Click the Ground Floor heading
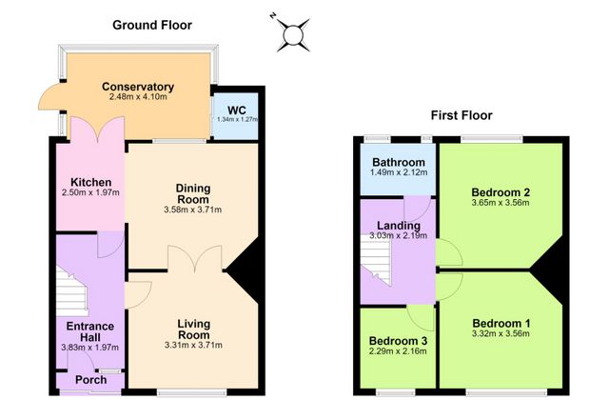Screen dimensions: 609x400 pos(152,26)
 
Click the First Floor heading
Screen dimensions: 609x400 pos(462,115)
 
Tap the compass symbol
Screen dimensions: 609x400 pos(292,34)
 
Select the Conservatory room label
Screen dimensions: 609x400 pos(138,87)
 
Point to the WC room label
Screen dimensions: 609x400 pos(237,110)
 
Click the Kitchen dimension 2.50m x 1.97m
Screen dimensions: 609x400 pos(90,192)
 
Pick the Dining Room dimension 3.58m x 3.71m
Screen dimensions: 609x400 pos(192,210)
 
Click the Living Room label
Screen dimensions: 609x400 pos(193,330)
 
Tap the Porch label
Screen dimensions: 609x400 pos(91,380)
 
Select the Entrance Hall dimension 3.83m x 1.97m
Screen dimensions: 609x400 pos(89,348)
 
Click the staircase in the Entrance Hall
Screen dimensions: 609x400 pos(72,291)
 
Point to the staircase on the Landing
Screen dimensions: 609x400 pos(376,260)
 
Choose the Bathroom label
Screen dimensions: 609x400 pos(399,162)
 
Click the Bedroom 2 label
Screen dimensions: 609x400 pos(501,192)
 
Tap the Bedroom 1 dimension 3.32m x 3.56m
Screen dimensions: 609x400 pos(501,333)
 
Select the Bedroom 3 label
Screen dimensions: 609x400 pos(398,341)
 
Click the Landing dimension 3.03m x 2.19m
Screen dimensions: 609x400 pos(398,235)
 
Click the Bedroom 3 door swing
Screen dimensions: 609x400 pos(421,317)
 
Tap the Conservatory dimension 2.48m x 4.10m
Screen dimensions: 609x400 pos(138,97)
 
